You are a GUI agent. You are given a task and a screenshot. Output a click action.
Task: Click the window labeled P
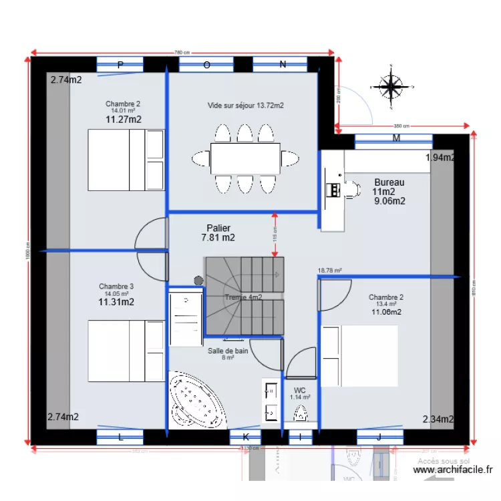pyautogui.click(x=120, y=65)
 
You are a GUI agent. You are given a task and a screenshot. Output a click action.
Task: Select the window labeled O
pyautogui.click(x=206, y=65)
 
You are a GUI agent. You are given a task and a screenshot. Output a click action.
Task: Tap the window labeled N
pyautogui.click(x=283, y=65)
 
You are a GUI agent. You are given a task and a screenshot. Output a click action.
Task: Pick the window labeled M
pyautogui.click(x=395, y=140)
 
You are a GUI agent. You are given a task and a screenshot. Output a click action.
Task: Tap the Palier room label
pyautogui.click(x=218, y=228)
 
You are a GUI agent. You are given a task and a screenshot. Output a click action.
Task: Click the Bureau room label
pyautogui.click(x=389, y=182)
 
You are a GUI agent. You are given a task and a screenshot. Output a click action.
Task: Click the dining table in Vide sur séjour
pyautogui.click(x=245, y=158)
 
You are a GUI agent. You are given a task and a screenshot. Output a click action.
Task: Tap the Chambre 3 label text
pyautogui.click(x=116, y=287)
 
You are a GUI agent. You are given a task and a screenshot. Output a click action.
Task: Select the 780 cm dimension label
pyautogui.click(x=182, y=52)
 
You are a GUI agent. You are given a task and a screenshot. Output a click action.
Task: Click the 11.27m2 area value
pyautogui.click(x=123, y=120)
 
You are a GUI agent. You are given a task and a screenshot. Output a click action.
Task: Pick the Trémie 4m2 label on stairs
pyautogui.click(x=243, y=297)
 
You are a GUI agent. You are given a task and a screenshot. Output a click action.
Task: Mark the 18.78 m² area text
pyautogui.click(x=329, y=271)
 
